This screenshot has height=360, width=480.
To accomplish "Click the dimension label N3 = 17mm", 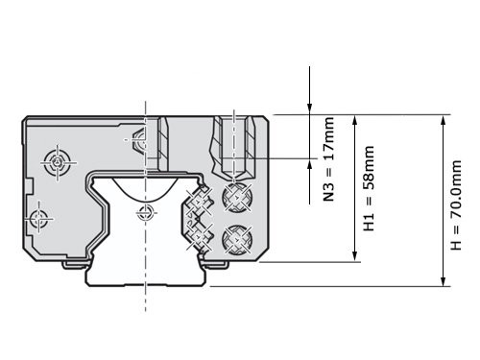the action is [x=328, y=159].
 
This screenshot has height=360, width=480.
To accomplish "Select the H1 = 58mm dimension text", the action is [x=369, y=188].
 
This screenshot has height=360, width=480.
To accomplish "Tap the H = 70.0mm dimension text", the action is [x=456, y=205].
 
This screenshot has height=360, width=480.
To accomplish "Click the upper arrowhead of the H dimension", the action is [x=444, y=120].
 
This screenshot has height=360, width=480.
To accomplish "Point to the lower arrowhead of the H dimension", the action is [x=444, y=280].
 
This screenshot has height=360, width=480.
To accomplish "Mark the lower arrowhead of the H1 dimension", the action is [x=354, y=256].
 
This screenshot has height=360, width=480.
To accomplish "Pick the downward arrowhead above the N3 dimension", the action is [x=309, y=108].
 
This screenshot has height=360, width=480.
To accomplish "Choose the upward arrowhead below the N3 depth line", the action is [x=309, y=164].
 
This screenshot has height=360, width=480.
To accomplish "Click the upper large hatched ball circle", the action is [x=237, y=197].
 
